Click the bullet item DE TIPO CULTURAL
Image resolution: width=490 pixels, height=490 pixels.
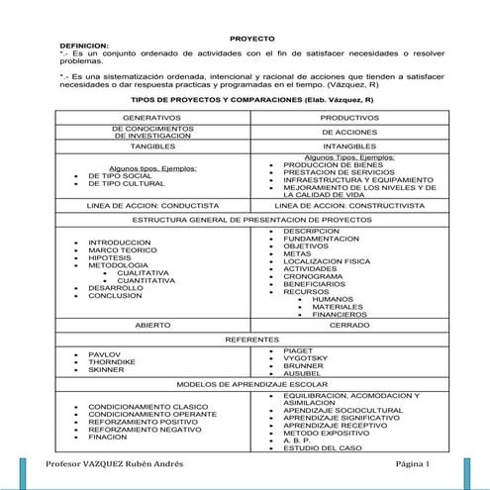(x=126, y=184)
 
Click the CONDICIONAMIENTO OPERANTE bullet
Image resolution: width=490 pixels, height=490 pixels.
(x=146, y=415)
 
